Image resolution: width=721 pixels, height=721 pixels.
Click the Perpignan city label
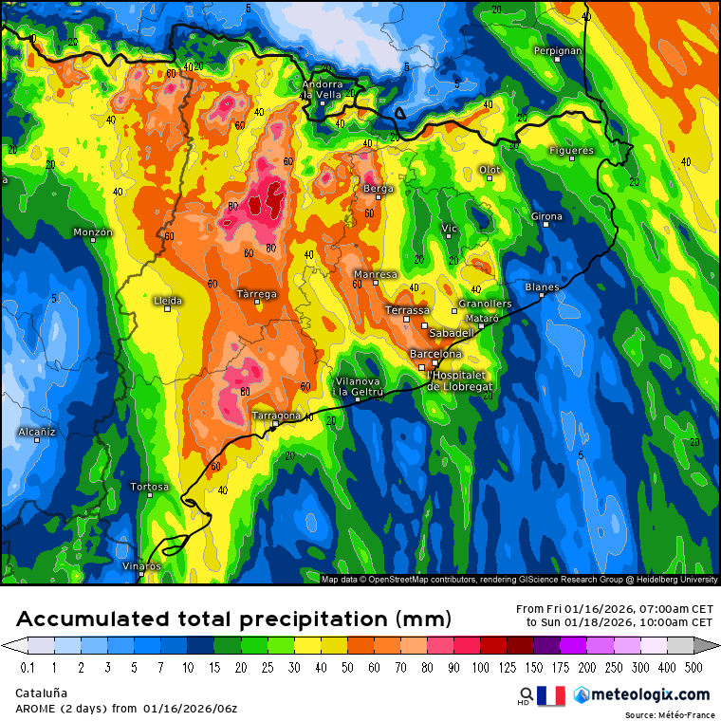[x=557, y=50]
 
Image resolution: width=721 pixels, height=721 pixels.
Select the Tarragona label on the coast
[x=276, y=416]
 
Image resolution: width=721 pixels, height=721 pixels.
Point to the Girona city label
[x=546, y=217]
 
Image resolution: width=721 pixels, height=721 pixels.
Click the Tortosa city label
[x=150, y=487]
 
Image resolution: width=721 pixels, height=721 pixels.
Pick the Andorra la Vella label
[x=322, y=89]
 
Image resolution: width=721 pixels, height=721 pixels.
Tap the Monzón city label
[x=93, y=232]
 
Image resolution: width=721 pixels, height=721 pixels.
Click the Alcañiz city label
[x=37, y=432]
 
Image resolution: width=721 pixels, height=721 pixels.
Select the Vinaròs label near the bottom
[x=142, y=565]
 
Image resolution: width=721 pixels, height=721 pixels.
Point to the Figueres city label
[x=571, y=151]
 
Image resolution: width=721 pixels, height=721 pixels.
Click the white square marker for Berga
[x=379, y=196]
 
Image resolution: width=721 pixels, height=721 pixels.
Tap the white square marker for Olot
[x=490, y=177]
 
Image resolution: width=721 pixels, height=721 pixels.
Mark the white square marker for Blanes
[x=542, y=295]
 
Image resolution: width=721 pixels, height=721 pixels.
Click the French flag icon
[x=551, y=695]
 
